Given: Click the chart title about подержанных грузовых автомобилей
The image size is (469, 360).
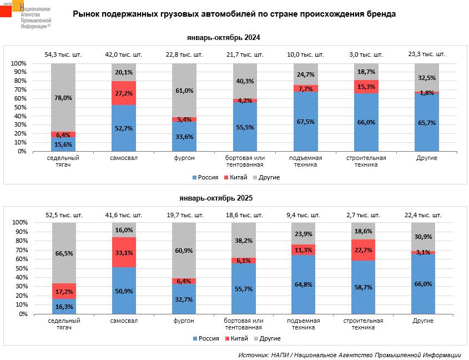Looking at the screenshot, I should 234,14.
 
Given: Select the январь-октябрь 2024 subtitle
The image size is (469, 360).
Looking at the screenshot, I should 223,38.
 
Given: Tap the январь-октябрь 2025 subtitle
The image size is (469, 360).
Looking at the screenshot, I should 223,197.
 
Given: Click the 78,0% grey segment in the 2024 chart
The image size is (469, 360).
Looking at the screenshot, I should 63,98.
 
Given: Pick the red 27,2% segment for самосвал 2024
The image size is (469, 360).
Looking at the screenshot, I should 124,93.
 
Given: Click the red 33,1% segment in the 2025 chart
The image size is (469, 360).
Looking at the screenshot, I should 124,252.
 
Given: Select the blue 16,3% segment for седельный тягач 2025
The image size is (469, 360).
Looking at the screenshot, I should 63,307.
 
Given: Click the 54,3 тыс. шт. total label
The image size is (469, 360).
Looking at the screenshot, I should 63,54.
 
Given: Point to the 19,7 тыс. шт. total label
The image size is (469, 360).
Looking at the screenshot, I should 184,214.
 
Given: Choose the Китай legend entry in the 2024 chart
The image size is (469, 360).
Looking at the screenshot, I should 236,177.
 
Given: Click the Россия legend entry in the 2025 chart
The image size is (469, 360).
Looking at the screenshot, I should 206,338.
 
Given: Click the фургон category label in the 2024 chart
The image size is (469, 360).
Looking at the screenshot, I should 184,158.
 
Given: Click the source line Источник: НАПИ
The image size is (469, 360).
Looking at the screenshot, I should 350,354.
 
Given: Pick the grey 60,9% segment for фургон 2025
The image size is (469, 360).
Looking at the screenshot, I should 184,251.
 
